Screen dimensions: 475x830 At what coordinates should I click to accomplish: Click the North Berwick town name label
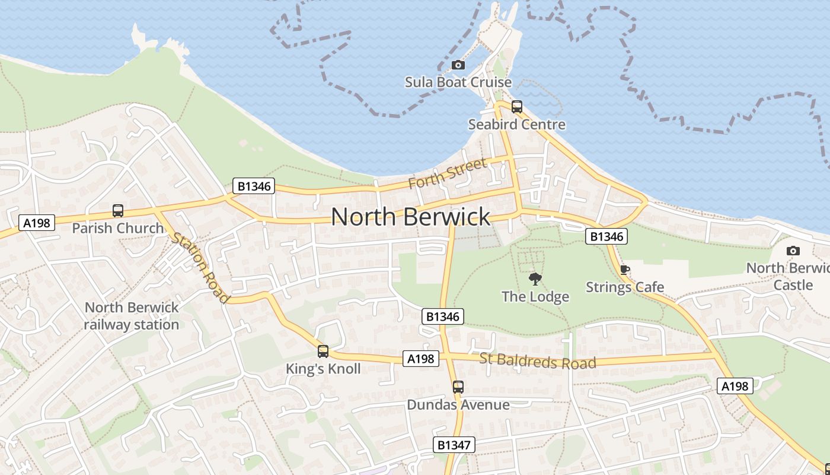(410, 217)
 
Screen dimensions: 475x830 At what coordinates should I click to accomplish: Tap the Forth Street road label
(448, 173)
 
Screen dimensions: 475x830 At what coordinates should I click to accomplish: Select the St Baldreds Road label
(537, 361)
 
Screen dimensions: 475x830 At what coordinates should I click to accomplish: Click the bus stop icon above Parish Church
(118, 211)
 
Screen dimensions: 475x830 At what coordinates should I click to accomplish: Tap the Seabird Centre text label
(516, 125)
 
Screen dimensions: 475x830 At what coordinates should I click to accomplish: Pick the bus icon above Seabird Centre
(517, 107)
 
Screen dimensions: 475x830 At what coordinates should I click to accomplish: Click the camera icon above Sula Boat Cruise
(458, 65)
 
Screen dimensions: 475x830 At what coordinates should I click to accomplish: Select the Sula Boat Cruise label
(458, 82)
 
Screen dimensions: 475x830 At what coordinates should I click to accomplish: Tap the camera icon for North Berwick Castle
(793, 251)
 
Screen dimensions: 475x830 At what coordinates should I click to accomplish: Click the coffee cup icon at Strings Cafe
(625, 270)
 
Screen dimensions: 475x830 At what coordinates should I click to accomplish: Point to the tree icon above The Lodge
(535, 278)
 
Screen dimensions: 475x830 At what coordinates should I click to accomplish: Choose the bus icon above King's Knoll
(323, 351)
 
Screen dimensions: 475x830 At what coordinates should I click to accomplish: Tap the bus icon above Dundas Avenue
(458, 387)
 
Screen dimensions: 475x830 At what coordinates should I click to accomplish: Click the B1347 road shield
(454, 445)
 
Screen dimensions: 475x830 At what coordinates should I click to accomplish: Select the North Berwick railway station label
(131, 316)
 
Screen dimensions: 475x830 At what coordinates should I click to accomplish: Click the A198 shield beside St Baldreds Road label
(422, 359)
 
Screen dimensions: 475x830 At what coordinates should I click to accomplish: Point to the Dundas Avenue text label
(458, 405)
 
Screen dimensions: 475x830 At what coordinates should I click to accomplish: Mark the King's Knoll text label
(323, 369)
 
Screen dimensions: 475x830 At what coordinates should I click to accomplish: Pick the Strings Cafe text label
(625, 287)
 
